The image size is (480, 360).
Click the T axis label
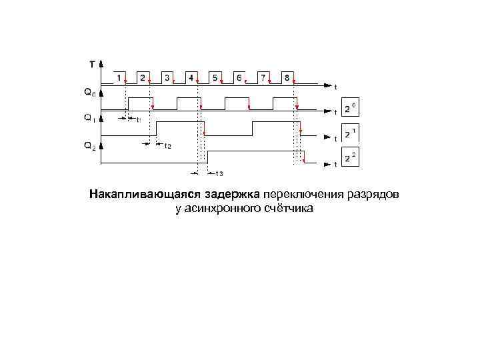92,65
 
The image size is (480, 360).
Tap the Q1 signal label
89,118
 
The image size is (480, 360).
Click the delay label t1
138,120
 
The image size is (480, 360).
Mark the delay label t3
219,174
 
